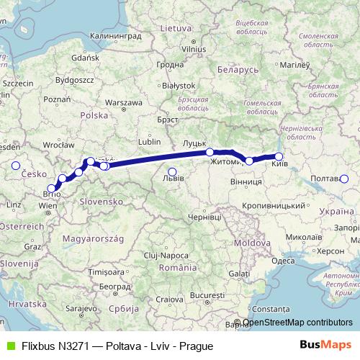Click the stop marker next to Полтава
pyautogui.click(x=344, y=179)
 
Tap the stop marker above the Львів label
pyautogui.click(x=171, y=171)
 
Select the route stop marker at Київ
pyautogui.click(x=279, y=156)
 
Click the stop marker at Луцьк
pyautogui.click(x=210, y=152)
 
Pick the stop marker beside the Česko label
pyautogui.click(x=15, y=166)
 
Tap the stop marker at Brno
pyautogui.click(x=50, y=188)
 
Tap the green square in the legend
pyautogui.click(x=9, y=345)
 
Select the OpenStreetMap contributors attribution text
pyautogui.click(x=297, y=323)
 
